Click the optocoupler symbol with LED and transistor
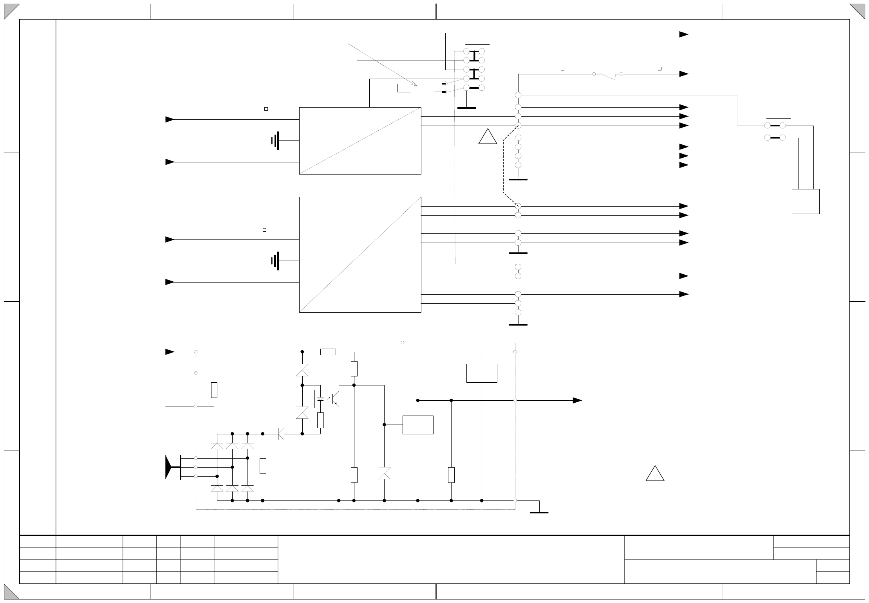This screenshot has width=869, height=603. [328, 399]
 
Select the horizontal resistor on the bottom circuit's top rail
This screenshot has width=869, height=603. [328, 352]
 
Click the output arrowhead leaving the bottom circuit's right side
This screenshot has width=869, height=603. [577, 400]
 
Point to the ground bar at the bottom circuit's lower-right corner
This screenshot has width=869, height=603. [539, 512]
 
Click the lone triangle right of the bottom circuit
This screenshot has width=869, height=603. [655, 474]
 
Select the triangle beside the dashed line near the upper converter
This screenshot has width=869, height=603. [488, 137]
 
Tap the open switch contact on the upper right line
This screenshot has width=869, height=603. [607, 76]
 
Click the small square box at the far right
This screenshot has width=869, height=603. [805, 202]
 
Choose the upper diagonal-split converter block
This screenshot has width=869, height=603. [360, 141]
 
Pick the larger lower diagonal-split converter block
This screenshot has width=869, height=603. [360, 254]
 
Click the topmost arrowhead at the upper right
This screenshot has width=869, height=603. [683, 34]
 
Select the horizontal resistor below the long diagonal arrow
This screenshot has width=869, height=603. [422, 92]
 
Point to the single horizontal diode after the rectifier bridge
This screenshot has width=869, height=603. [281, 434]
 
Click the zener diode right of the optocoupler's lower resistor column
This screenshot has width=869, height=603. [384, 473]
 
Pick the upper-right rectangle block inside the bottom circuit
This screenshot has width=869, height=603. [482, 373]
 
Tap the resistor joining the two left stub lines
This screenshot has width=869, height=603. [214, 390]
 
